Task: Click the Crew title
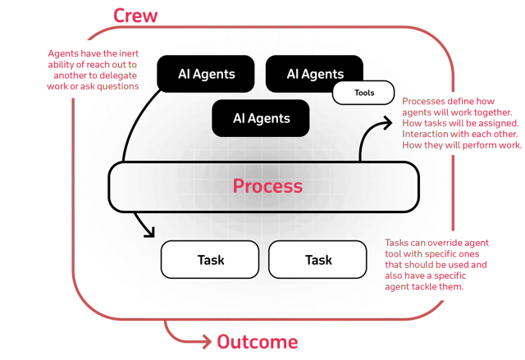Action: tap(135, 16)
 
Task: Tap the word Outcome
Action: tap(258, 342)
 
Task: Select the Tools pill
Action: tap(363, 93)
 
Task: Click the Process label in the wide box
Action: tap(267, 186)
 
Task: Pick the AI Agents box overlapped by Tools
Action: tap(314, 74)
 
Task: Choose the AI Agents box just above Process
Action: tap(261, 118)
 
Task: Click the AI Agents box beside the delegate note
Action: tap(206, 74)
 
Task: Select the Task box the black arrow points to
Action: tap(210, 260)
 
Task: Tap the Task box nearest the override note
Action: tap(317, 260)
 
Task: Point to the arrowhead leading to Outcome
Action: tap(208, 342)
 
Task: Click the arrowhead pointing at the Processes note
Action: tap(388, 123)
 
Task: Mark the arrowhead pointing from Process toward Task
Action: tap(150, 233)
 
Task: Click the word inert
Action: tap(129, 53)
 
